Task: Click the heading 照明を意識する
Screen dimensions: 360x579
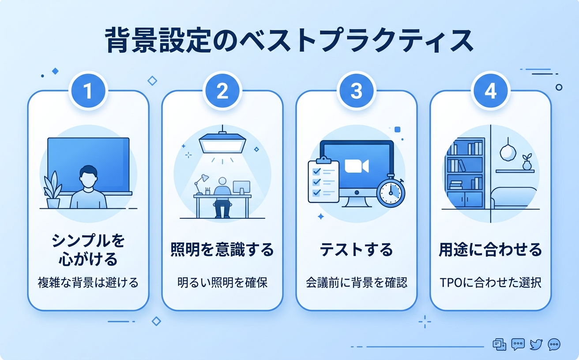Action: coord(222,250)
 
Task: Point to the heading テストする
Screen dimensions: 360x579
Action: coord(356,250)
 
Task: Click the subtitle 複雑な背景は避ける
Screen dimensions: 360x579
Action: coord(88,283)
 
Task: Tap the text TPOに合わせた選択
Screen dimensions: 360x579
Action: coord(490,283)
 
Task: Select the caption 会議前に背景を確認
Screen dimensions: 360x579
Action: coord(356,283)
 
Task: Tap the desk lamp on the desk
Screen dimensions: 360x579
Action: coord(201,183)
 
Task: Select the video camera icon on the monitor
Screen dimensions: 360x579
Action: coord(356,166)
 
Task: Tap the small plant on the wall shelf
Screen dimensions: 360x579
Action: coord(527,162)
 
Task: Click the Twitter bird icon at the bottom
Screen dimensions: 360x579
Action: coord(536,344)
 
